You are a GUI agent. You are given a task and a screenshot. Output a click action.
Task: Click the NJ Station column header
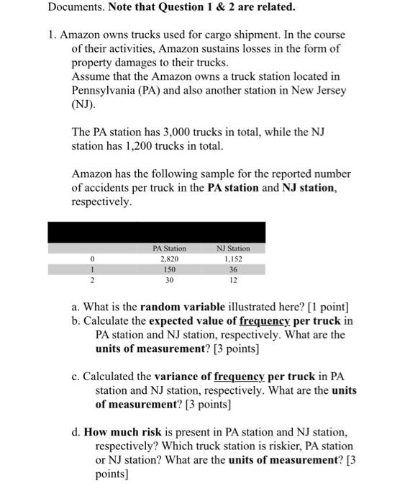[x=233, y=248]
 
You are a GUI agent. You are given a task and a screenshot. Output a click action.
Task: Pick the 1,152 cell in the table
[x=233, y=258]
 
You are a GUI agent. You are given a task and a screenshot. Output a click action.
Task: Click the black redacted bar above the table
[x=156, y=232]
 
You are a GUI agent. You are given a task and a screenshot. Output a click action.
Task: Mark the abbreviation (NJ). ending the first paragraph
[x=83, y=104]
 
